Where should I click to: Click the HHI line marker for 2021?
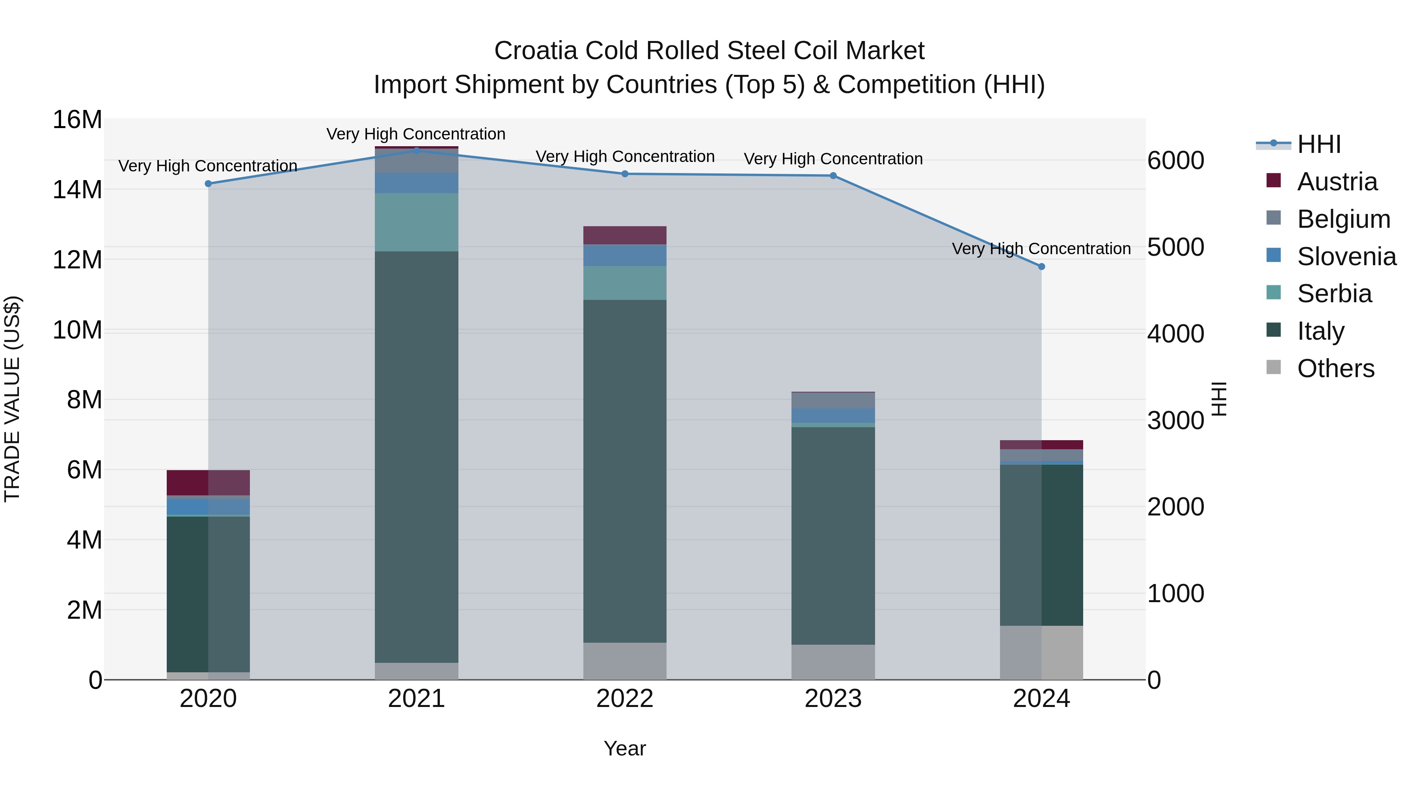point(417,151)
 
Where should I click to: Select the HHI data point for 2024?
point(1041,266)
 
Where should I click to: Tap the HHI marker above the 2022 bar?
point(625,174)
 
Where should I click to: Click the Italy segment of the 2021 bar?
point(417,457)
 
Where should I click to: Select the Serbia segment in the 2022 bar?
point(625,283)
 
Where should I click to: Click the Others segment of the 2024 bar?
point(1041,653)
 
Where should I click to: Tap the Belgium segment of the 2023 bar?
point(833,400)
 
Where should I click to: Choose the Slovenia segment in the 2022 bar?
point(625,255)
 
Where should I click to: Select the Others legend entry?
point(1335,368)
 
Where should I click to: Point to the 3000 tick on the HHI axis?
point(1175,421)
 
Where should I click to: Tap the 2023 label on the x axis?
point(833,699)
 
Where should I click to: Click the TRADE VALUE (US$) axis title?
point(12,399)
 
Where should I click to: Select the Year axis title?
point(625,748)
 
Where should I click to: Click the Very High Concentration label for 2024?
point(1041,249)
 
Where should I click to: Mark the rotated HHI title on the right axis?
point(1220,399)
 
